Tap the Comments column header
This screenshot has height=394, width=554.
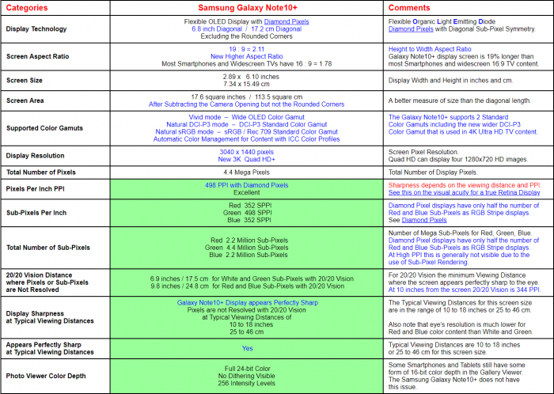pos(409,8)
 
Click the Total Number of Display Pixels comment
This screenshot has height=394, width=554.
pos(434,172)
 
